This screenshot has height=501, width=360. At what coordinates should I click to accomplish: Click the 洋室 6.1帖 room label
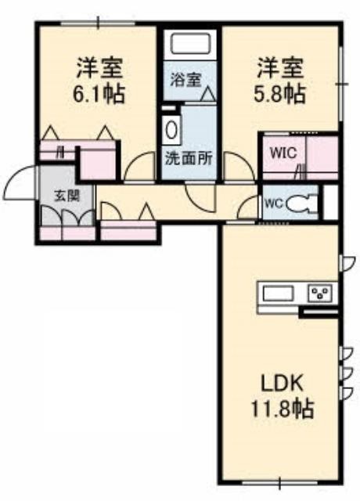(x=99, y=80)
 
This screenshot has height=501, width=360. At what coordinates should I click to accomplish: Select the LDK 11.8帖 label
(x=282, y=396)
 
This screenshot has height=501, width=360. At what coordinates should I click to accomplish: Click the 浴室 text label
(x=185, y=80)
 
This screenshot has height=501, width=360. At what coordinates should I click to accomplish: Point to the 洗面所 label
(x=189, y=158)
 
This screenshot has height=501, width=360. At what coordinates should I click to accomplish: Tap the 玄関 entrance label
(x=67, y=195)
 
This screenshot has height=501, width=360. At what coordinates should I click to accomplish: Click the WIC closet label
(x=283, y=153)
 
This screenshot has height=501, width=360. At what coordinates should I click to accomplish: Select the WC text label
(x=275, y=204)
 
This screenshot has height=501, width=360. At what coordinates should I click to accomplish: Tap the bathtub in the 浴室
(x=191, y=44)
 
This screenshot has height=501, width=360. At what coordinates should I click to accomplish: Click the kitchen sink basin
(x=278, y=294)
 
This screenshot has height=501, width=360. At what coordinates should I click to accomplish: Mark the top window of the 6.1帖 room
(x=99, y=23)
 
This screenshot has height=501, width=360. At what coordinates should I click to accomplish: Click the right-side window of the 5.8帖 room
(x=342, y=85)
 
